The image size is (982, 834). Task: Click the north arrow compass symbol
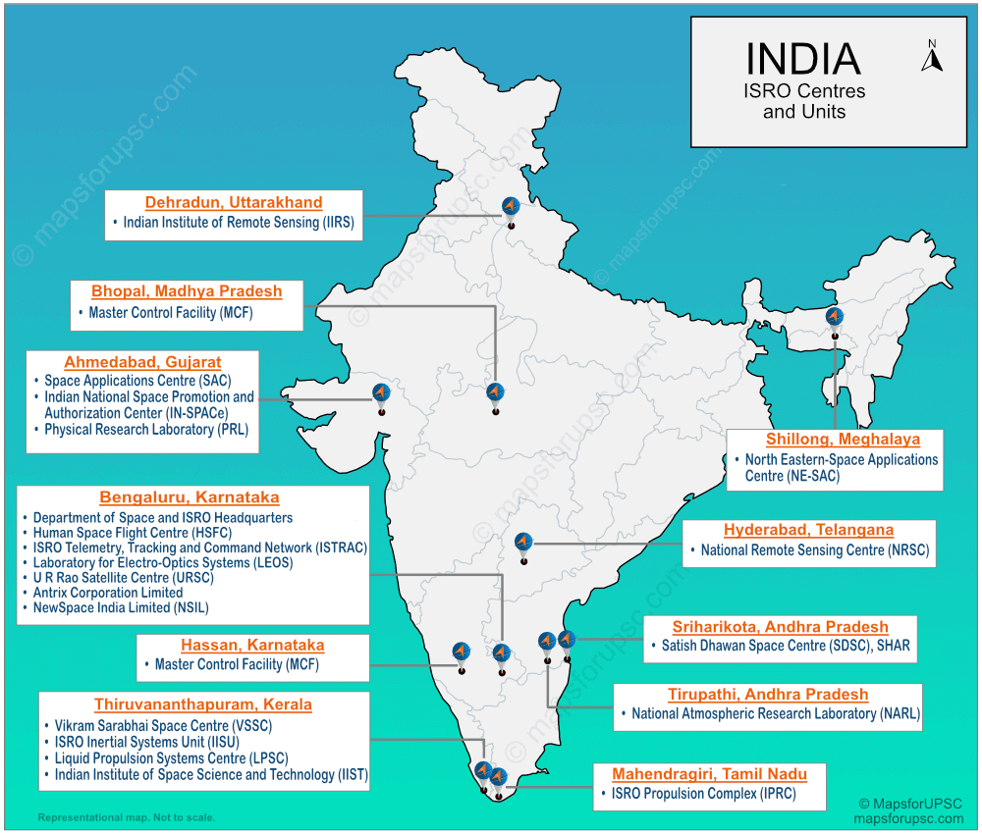(931, 56)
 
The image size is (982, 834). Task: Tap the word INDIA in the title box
(802, 59)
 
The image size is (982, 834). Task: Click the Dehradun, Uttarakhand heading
(234, 203)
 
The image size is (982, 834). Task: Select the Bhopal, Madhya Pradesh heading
(187, 291)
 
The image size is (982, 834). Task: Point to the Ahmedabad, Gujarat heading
(142, 362)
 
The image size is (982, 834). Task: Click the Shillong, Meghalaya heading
(843, 440)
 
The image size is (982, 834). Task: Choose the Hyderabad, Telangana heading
(808, 530)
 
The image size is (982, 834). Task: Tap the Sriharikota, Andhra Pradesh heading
(780, 627)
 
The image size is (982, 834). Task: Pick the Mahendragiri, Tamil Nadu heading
(709, 774)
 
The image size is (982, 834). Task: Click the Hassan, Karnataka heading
(252, 646)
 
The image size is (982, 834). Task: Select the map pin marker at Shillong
(834, 318)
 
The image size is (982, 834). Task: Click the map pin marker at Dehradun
(510, 208)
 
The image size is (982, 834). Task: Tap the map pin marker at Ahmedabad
(381, 394)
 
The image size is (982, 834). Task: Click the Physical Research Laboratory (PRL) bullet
(146, 430)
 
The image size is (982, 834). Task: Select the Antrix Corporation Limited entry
(108, 593)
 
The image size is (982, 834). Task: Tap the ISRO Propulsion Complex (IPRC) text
(703, 794)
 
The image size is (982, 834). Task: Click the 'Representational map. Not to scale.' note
(126, 817)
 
